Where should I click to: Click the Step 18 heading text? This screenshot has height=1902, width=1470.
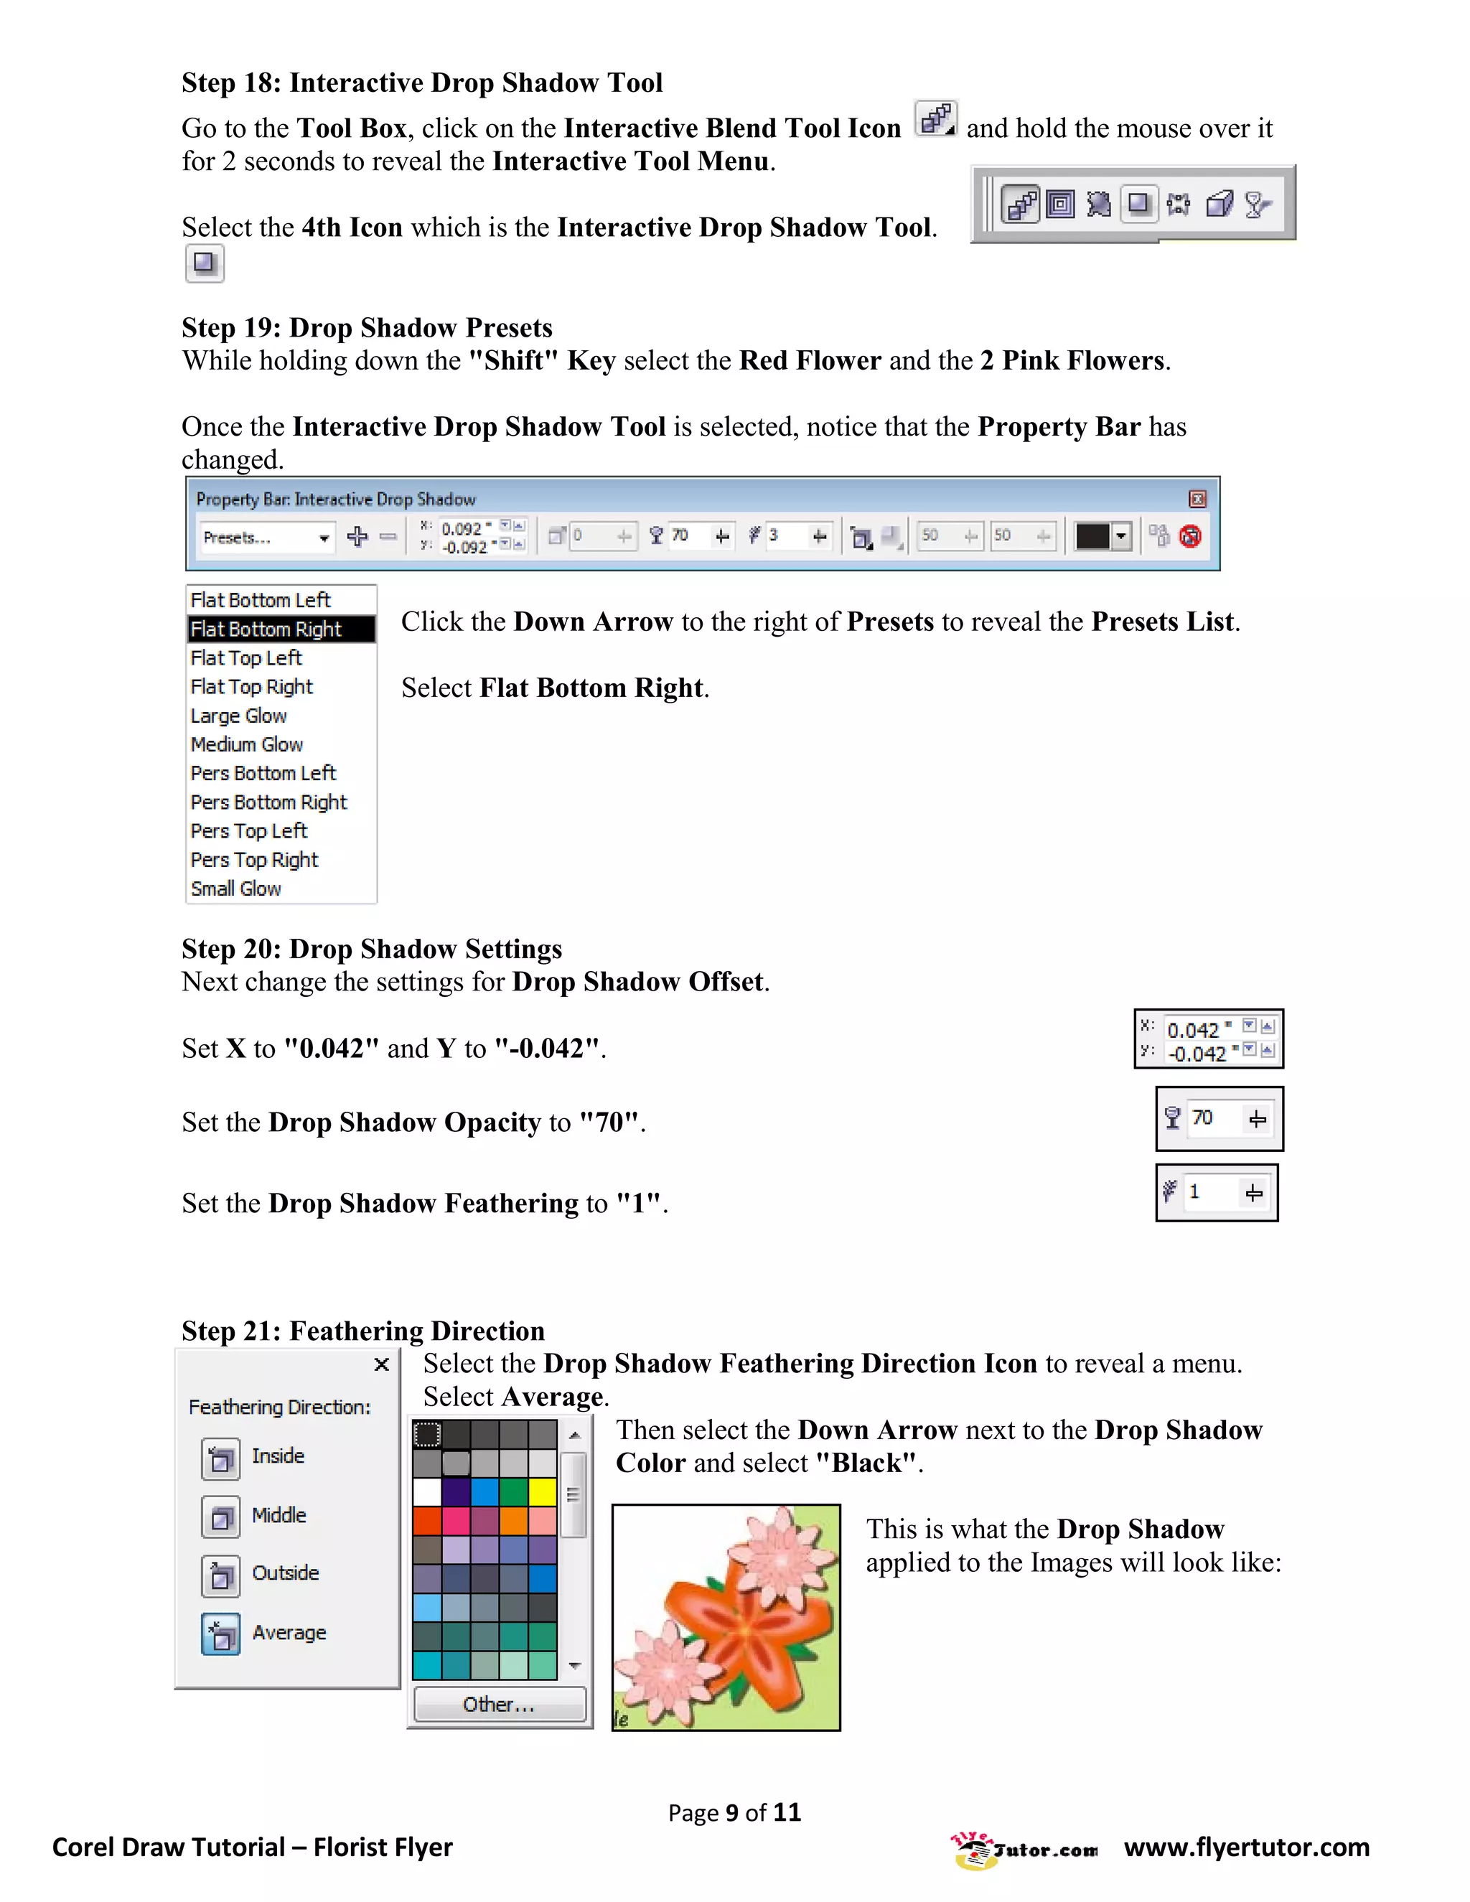[421, 83]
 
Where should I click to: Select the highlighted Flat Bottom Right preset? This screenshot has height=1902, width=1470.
[266, 629]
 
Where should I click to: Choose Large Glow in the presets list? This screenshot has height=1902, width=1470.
[238, 716]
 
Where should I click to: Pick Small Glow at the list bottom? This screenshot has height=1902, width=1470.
[235, 889]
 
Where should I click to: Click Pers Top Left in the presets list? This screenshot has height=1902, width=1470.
[248, 831]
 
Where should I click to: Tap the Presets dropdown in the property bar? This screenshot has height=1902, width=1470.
[266, 538]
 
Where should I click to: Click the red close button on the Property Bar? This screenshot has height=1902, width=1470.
[1197, 499]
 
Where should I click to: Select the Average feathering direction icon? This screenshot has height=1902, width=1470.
[220, 1634]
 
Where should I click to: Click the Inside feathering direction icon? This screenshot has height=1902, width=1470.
[220, 1458]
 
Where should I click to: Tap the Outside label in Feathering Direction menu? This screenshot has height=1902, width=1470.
[285, 1573]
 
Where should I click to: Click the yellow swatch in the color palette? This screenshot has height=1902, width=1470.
[543, 1492]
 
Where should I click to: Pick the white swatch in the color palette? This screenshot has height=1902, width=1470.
[427, 1492]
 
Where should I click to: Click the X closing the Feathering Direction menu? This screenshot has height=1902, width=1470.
[381, 1364]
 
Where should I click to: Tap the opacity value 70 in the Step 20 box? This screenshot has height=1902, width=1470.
[1203, 1118]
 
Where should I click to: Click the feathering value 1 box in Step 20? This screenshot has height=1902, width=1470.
[1195, 1192]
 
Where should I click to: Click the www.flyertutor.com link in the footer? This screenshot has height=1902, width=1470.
[1246, 1847]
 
